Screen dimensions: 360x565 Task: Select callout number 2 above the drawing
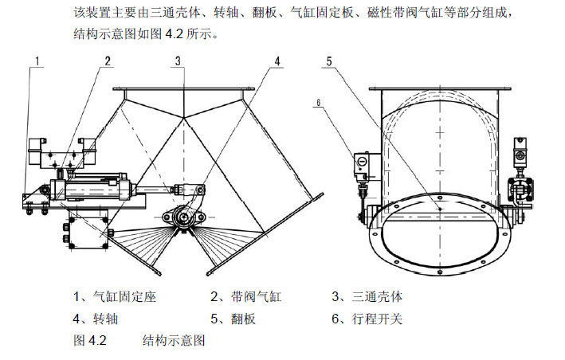[x=107, y=61]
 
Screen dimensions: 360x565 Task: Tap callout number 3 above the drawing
[x=179, y=61]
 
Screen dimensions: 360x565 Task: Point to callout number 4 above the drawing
[x=277, y=61]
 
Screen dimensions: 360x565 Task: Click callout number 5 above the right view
[x=328, y=61]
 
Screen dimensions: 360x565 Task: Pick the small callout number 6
[x=318, y=102]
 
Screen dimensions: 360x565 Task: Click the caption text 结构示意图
[x=175, y=341]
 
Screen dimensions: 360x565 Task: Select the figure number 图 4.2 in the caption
[x=89, y=341]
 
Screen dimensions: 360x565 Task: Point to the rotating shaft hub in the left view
[x=182, y=215]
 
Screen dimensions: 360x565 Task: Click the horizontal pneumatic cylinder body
[x=92, y=191]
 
